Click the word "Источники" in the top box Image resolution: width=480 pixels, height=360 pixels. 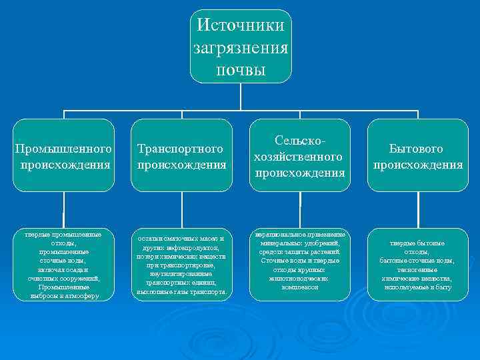(241, 25)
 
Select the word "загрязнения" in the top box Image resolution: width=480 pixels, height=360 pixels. (241, 48)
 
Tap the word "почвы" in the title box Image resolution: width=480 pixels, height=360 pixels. (241, 70)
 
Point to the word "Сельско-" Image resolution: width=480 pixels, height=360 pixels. (300, 141)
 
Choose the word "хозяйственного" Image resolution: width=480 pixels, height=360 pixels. (299, 157)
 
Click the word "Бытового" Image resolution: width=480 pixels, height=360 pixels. (417, 148)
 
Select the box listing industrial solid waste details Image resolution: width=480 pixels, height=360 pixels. (64, 265)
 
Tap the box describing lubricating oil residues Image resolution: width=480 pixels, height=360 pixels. (181, 265)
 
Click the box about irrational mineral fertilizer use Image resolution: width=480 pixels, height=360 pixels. (299, 261)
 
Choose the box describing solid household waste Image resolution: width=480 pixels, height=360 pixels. (417, 265)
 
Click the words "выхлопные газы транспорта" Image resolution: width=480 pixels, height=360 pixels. (181, 292)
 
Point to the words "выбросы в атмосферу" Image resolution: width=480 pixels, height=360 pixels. (64, 296)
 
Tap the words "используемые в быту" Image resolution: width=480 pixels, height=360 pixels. (417, 287)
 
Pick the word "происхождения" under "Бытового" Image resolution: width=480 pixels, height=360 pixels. (417, 164)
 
